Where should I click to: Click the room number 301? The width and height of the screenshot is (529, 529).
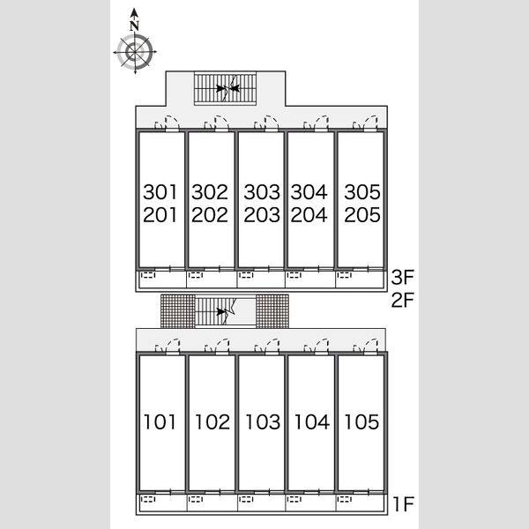click(160, 192)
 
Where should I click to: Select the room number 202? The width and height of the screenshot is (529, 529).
click(210, 215)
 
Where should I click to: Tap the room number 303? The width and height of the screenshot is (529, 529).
click(262, 192)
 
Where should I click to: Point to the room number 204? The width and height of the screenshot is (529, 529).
click(309, 215)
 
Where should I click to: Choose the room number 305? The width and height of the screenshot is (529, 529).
click(362, 192)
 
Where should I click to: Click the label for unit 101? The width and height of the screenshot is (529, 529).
click(160, 422)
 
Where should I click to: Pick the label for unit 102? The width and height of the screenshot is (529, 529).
click(212, 422)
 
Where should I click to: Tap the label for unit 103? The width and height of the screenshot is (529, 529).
click(263, 422)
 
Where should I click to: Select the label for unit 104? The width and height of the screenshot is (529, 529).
click(312, 422)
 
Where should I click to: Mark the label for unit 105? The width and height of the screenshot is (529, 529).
click(361, 422)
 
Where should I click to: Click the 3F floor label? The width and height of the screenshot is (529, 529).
click(403, 277)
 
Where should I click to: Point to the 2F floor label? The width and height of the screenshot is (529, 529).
click(403, 300)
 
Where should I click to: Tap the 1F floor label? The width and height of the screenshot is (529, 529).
click(404, 504)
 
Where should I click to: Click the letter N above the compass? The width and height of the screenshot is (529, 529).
click(135, 26)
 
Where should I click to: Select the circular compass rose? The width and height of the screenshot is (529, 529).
click(135, 52)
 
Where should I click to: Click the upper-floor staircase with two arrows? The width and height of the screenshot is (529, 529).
click(225, 88)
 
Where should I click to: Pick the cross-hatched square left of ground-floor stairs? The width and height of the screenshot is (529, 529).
click(178, 311)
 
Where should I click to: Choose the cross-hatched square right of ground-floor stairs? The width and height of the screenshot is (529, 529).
click(272, 311)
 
